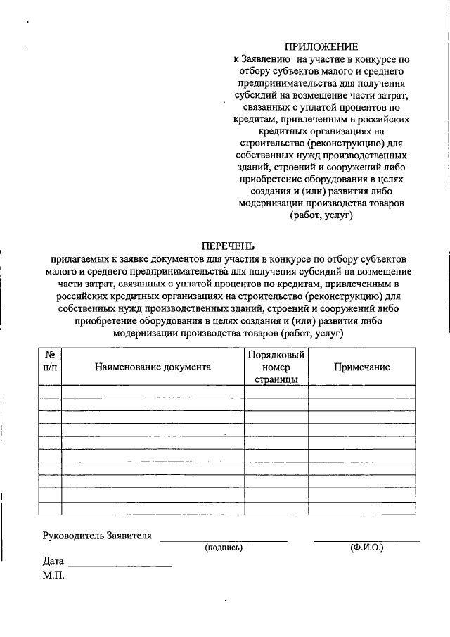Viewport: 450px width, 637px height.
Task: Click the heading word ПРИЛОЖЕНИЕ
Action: click(x=326, y=46)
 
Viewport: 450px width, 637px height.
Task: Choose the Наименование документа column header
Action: click(x=153, y=367)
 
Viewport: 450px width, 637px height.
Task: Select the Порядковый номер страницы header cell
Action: click(x=276, y=367)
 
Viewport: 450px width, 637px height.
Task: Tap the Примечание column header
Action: click(x=361, y=367)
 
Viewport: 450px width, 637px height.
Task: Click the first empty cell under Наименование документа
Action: click(x=153, y=392)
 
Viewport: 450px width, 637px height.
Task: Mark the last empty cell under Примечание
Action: click(x=361, y=508)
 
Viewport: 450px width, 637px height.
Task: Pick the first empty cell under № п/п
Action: click(x=50, y=392)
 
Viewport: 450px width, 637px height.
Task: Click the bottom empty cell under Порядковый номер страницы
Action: click(x=276, y=508)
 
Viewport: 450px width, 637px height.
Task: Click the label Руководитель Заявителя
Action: click(x=97, y=536)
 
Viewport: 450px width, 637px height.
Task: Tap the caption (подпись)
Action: click(x=224, y=548)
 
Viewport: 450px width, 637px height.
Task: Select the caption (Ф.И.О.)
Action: click(x=366, y=548)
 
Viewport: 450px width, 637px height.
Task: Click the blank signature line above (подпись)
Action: click(x=224, y=540)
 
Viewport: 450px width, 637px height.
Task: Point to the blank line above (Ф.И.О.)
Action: click(x=366, y=540)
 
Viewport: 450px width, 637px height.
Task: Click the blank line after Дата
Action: click(x=120, y=565)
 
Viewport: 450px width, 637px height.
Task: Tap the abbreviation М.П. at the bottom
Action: click(x=53, y=576)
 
